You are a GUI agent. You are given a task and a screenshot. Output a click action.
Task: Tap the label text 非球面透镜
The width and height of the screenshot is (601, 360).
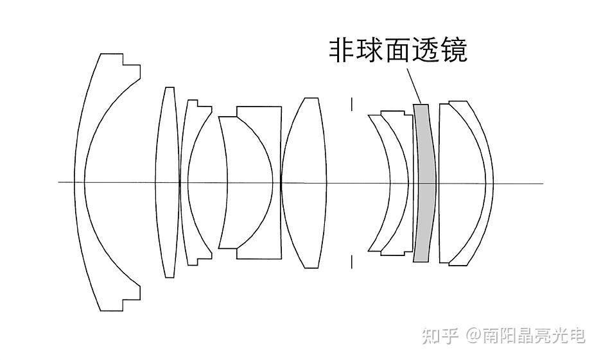(x=397, y=50)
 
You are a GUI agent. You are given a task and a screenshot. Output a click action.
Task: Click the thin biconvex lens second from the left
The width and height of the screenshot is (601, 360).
(x=168, y=182)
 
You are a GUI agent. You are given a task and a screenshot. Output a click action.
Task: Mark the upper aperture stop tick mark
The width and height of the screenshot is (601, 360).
(x=352, y=105)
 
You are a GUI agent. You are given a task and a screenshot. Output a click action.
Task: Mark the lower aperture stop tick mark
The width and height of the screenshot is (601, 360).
(x=352, y=261)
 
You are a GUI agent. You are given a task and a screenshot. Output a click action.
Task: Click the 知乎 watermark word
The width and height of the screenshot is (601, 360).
(x=440, y=335)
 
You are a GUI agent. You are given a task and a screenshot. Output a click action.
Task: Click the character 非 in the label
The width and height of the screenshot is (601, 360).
(x=342, y=50)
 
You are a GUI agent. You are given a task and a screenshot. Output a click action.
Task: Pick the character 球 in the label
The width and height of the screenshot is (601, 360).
(x=370, y=50)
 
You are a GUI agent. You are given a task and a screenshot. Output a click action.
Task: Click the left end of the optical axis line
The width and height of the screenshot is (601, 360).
(x=60, y=182)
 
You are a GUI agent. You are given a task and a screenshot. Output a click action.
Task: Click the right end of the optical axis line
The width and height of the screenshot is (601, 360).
(x=543, y=184)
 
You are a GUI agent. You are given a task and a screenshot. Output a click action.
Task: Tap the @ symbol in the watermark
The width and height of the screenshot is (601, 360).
(x=473, y=336)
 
